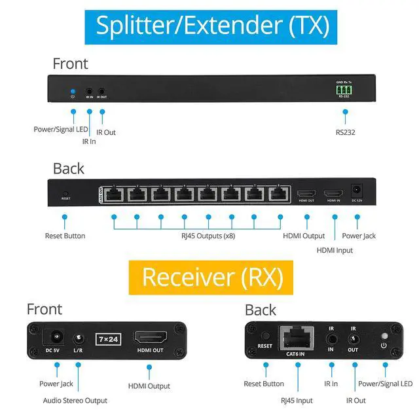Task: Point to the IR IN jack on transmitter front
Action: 90,90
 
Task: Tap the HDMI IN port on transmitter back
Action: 333,193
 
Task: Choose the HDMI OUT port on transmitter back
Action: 306,193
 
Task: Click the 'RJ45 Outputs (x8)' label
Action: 208,236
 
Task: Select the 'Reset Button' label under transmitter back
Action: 65,236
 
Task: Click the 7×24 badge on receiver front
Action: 107,339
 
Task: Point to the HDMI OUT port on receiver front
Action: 149,338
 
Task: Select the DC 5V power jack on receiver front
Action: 54,338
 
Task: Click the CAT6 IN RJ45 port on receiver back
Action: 297,338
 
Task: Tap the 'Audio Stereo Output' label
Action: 75,400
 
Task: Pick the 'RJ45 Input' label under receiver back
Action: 297,400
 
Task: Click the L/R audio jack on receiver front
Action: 79,338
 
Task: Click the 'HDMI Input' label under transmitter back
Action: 335,250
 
